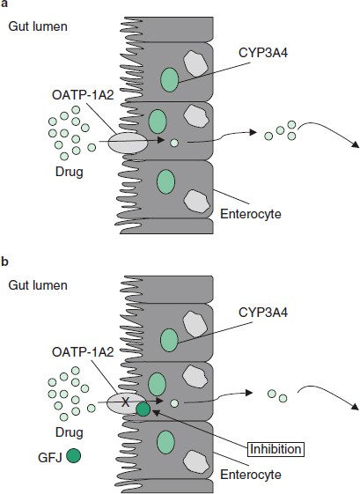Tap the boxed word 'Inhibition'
tap(274, 424)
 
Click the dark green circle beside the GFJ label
tap(74, 455)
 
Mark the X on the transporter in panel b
tap(125, 402)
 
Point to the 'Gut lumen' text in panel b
tap(33, 287)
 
